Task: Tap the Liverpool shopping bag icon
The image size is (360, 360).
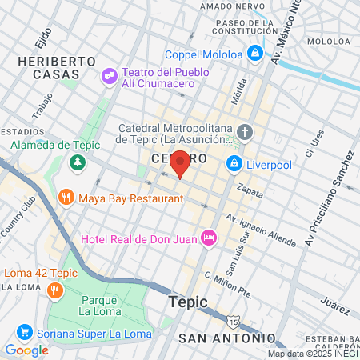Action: tap(234, 164)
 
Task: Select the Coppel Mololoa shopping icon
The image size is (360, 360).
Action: tap(255, 54)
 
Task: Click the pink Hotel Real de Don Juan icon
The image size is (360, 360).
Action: tap(209, 237)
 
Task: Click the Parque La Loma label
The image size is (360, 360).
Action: tap(99, 304)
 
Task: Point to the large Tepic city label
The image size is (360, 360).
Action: tap(188, 302)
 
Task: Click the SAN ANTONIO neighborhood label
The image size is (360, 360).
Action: tap(226, 338)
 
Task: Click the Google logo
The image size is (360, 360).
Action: tap(26, 350)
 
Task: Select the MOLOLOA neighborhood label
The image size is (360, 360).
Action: tap(329, 40)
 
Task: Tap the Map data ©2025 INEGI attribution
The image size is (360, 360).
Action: tap(312, 354)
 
